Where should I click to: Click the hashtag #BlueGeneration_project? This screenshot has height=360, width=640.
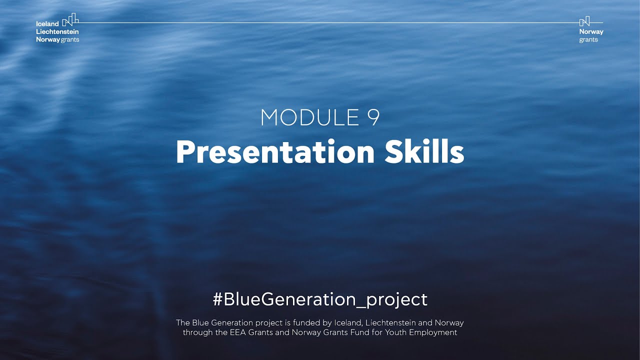[320, 299]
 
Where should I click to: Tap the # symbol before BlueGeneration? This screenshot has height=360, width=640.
[217, 299]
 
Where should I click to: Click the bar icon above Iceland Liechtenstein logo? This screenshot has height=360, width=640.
[70, 20]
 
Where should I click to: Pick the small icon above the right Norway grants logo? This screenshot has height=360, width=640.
[584, 21]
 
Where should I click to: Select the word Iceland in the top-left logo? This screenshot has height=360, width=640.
[47, 24]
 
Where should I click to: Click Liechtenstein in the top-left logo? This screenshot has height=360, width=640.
[57, 32]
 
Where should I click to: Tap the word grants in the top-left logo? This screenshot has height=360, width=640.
[70, 40]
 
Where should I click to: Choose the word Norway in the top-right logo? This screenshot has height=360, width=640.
[591, 32]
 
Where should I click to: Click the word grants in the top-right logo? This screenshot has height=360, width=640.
[588, 40]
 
